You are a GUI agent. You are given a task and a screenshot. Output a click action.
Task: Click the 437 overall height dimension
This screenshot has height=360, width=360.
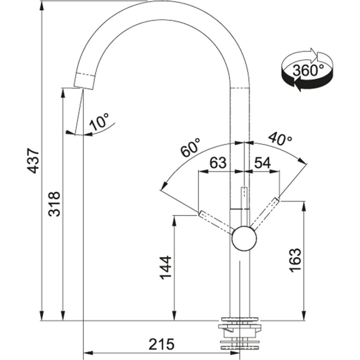click(x=33, y=161)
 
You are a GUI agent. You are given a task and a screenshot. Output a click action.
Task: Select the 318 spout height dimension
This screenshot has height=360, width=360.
click(x=54, y=204)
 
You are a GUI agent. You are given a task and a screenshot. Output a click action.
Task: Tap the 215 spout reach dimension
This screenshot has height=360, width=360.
click(x=162, y=344)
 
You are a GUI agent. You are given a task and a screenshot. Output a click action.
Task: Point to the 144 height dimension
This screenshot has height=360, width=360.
click(x=166, y=267)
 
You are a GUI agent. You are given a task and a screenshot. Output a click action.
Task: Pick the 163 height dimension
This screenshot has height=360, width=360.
click(x=295, y=260)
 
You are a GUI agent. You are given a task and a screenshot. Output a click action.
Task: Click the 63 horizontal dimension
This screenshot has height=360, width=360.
click(x=218, y=162)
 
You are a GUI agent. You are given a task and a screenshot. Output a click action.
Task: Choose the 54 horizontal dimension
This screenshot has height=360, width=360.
click(x=262, y=162)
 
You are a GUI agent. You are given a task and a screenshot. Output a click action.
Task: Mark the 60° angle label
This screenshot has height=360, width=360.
click(x=190, y=147)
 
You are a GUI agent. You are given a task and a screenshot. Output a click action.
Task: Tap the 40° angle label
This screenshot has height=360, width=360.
click(x=280, y=139)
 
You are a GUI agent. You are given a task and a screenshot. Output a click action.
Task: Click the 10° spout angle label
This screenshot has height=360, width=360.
click(x=99, y=121)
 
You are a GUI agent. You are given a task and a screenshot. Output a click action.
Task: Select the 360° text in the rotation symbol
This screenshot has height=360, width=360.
click(x=308, y=70)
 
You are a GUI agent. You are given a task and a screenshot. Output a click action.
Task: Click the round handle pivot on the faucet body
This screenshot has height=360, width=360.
click(x=244, y=238)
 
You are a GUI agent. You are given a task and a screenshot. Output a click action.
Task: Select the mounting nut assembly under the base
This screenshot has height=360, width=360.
click(x=240, y=337)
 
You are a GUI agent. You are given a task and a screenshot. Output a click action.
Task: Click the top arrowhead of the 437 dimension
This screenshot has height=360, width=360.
click(x=41, y=6)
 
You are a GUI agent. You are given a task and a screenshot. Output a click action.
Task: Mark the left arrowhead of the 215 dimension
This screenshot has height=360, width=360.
click(x=88, y=352)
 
